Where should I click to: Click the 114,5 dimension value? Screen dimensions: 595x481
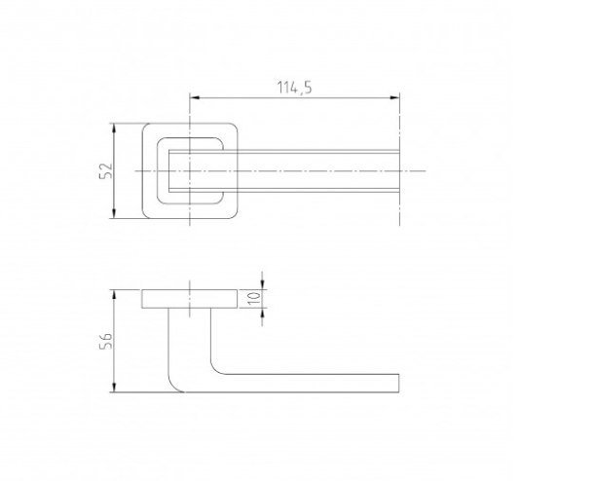pyautogui.click(x=294, y=88)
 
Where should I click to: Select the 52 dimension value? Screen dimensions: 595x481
pyautogui.click(x=106, y=170)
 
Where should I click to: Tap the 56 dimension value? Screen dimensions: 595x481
pyautogui.click(x=106, y=341)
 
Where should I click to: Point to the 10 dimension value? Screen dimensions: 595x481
pyautogui.click(x=254, y=298)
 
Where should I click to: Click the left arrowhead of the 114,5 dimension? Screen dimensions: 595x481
pyautogui.click(x=195, y=98)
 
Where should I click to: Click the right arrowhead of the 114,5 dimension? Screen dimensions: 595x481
pyautogui.click(x=394, y=98)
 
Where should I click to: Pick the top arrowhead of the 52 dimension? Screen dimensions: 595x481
pyautogui.click(x=114, y=129)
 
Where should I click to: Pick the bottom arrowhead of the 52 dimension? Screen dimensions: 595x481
pyautogui.click(x=114, y=213)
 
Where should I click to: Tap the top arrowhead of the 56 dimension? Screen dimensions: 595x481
pyautogui.click(x=114, y=295)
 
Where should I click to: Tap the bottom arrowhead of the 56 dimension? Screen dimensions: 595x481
pyautogui.click(x=114, y=388)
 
